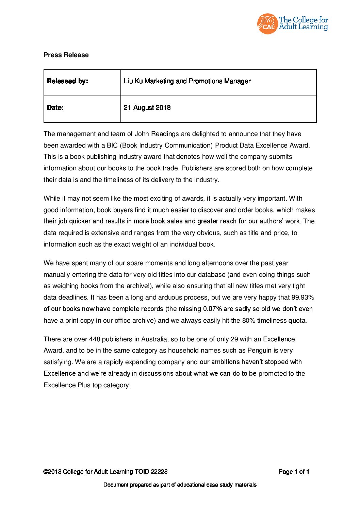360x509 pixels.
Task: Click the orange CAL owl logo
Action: click(x=267, y=24)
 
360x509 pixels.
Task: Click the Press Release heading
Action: click(x=66, y=55)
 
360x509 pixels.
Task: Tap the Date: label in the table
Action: click(x=55, y=108)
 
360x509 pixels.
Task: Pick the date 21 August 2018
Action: click(x=147, y=108)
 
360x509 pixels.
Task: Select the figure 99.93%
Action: click(x=302, y=298)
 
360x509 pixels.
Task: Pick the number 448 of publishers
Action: click(x=95, y=339)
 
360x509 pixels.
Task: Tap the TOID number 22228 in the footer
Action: click(x=159, y=472)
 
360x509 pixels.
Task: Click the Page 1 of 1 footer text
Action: click(x=294, y=472)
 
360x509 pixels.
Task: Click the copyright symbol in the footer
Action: click(x=46, y=472)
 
